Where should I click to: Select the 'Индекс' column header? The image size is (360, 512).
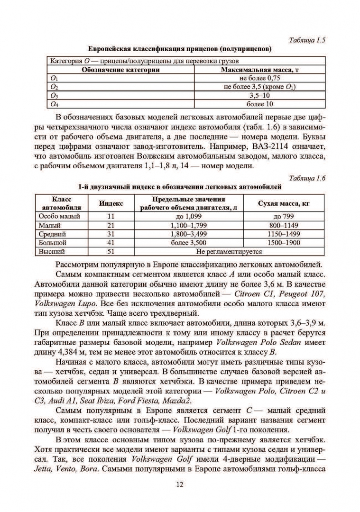click(111, 203)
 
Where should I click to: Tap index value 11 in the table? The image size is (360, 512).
click(111, 216)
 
